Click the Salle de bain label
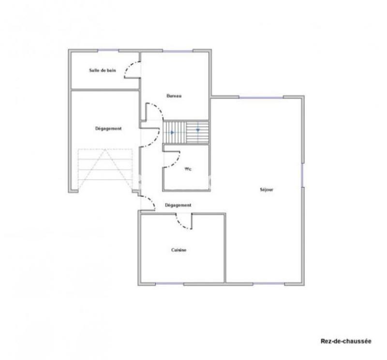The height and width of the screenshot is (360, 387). (x=102, y=71)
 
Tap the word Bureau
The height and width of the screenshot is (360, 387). (x=174, y=96)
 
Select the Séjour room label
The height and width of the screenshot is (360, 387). (x=267, y=190)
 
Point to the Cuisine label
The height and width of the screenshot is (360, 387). (x=179, y=250)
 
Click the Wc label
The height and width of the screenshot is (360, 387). (x=189, y=170)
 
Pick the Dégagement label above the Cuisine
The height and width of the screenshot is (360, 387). (x=178, y=205)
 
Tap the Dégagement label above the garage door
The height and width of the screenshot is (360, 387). (x=108, y=129)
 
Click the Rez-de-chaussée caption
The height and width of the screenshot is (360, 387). (x=346, y=341)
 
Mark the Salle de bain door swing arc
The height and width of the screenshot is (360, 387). (x=130, y=71)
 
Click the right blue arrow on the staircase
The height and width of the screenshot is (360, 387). (x=197, y=130)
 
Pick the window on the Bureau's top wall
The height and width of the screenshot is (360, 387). (x=178, y=50)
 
